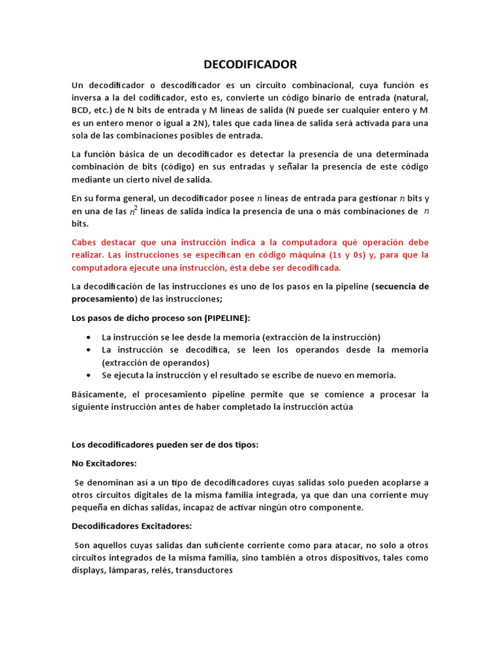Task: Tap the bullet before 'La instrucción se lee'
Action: click(x=88, y=337)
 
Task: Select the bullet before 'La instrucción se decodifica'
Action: click(x=88, y=350)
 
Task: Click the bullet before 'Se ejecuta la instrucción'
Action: click(x=88, y=375)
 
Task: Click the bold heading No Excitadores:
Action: click(x=104, y=463)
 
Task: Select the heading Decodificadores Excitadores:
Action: click(x=132, y=526)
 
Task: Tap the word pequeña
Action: click(x=90, y=507)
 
